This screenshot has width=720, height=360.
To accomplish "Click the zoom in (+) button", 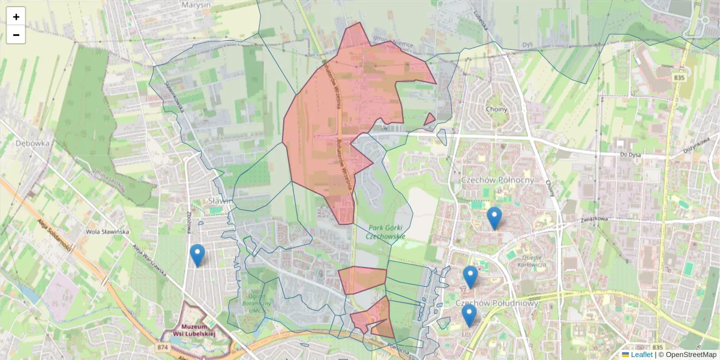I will (x=16, y=17).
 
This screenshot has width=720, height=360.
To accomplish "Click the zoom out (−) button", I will (x=16, y=35).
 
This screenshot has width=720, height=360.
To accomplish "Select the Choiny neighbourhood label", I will (x=497, y=109).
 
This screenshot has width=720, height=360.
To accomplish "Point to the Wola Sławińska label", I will (x=107, y=232).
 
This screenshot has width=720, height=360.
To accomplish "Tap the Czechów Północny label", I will (x=497, y=180).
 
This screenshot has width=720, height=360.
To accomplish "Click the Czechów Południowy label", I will (x=497, y=303).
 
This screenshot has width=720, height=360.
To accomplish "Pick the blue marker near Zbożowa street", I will (x=197, y=256).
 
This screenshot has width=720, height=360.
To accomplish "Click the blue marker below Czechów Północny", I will (x=494, y=218).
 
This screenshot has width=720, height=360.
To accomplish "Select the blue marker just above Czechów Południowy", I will (x=470, y=277).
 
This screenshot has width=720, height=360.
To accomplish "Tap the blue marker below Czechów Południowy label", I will (x=469, y=316).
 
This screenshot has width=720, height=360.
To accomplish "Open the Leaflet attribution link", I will (x=641, y=355).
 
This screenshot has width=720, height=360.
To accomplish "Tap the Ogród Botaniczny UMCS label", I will (x=260, y=303).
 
